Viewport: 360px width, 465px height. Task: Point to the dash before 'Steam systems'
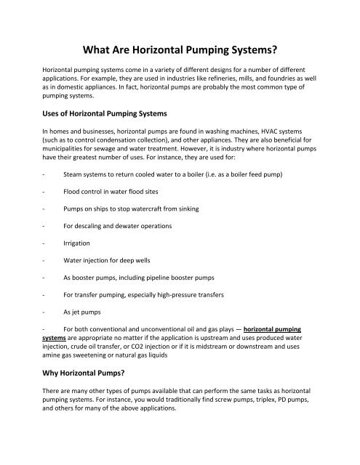[45, 174]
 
